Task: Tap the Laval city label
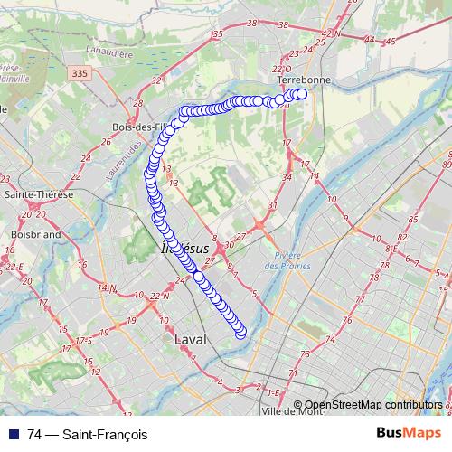click(x=190, y=339)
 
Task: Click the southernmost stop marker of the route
click(x=240, y=334)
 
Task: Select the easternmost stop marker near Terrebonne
click(x=303, y=94)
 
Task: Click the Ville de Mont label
click(x=291, y=411)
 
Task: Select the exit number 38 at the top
click(x=252, y=23)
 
